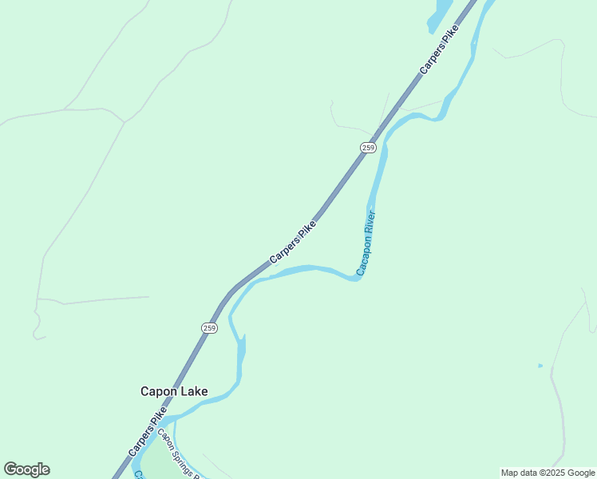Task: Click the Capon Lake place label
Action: (x=174, y=391)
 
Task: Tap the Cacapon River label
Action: (x=366, y=243)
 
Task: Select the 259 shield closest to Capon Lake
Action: (x=209, y=328)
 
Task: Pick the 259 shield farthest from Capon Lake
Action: (x=368, y=148)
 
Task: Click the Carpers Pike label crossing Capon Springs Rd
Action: (x=148, y=432)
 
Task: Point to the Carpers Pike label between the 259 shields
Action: (x=293, y=242)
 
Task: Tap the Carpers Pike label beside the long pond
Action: (x=440, y=50)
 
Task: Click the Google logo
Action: (x=26, y=469)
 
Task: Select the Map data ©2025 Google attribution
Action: (x=548, y=473)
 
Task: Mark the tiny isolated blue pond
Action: (x=540, y=366)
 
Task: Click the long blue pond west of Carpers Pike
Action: (x=440, y=14)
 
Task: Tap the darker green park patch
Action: (x=160, y=463)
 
